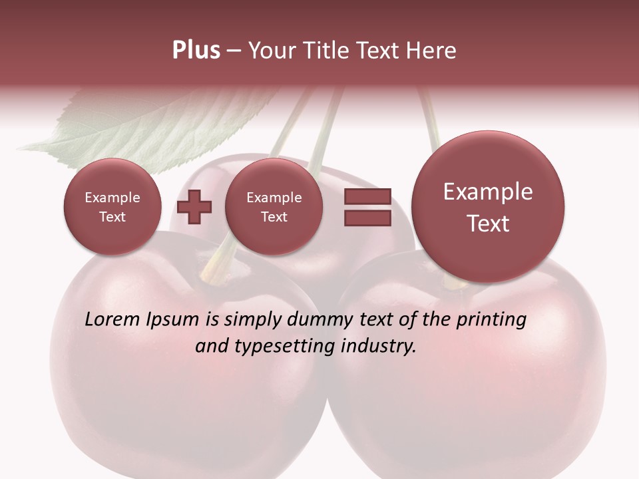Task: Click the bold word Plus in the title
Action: click(x=196, y=51)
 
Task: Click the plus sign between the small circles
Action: click(x=194, y=207)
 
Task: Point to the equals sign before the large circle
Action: click(x=367, y=207)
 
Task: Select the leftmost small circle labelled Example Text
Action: click(x=112, y=207)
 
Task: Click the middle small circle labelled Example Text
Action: click(x=274, y=207)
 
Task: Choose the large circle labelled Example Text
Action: click(x=488, y=207)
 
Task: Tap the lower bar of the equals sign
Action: click(x=367, y=218)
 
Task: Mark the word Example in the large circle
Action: click(x=488, y=192)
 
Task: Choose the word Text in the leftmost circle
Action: click(x=112, y=217)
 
